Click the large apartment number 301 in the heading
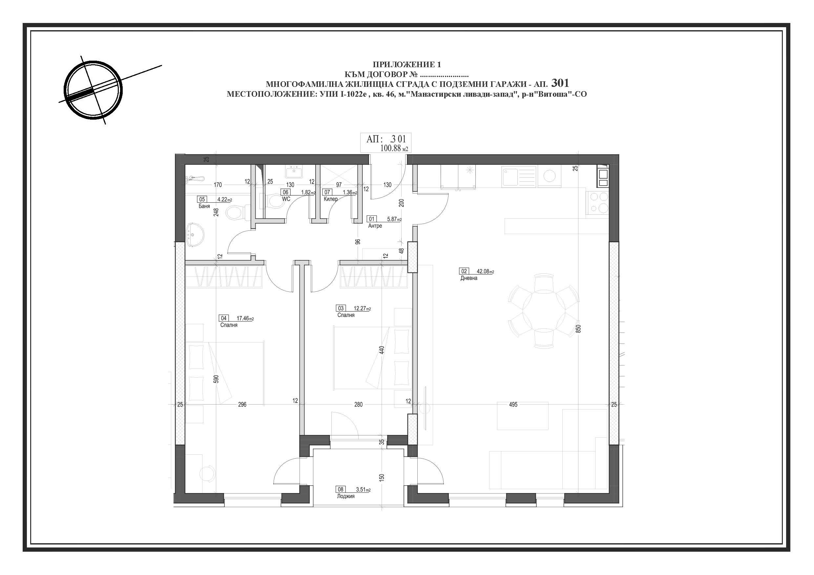(560, 83)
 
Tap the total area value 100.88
(390, 148)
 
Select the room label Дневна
(469, 278)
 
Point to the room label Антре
(375, 226)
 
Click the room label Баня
(204, 206)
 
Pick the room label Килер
(330, 199)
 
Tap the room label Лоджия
(346, 496)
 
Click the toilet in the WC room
(273, 202)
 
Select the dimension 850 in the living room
(578, 328)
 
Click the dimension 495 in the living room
(513, 404)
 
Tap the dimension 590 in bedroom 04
(216, 379)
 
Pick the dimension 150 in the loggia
(382, 478)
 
